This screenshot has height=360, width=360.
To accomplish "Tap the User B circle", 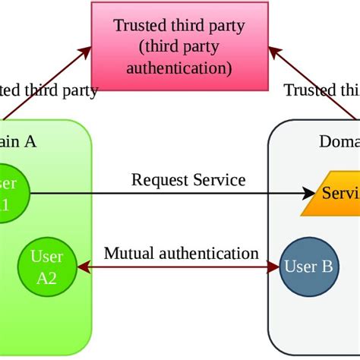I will point(308,267).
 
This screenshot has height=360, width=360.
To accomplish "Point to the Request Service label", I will point(188,180).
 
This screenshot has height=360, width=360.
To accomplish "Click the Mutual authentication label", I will point(181,253).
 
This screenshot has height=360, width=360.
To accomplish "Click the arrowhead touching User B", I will point(274,267).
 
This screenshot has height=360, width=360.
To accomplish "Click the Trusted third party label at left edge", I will point(49,91).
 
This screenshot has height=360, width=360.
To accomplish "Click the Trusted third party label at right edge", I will point(322,91).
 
